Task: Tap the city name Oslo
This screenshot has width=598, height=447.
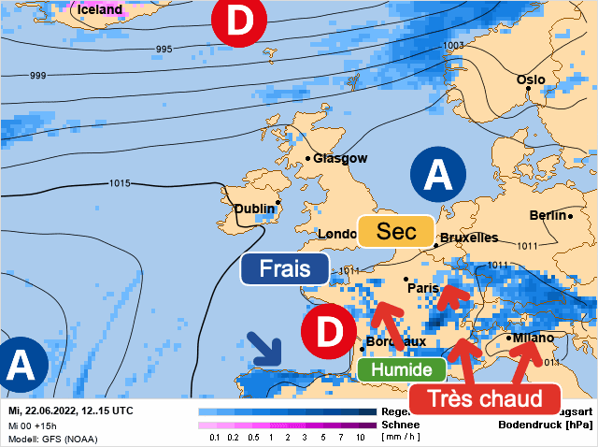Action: (x=530, y=80)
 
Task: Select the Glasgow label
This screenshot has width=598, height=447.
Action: (x=340, y=159)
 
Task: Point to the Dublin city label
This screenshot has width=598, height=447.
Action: (x=255, y=209)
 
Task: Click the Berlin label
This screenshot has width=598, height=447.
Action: (x=548, y=215)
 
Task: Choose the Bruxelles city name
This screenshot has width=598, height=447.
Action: (x=469, y=238)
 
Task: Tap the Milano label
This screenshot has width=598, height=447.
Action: (x=533, y=338)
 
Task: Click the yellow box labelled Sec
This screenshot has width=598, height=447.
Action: (x=396, y=231)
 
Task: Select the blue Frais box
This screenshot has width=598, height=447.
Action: (x=285, y=268)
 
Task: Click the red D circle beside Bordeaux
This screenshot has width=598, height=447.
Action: (x=328, y=331)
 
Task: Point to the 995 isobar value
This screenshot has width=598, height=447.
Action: (x=164, y=49)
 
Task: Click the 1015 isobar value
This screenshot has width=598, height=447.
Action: (x=120, y=183)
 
